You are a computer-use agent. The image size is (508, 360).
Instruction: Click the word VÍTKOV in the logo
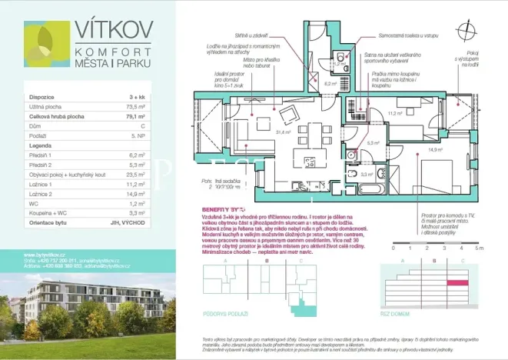coord(113,30)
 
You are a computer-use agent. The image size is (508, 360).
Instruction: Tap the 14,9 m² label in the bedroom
coord(436,150)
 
